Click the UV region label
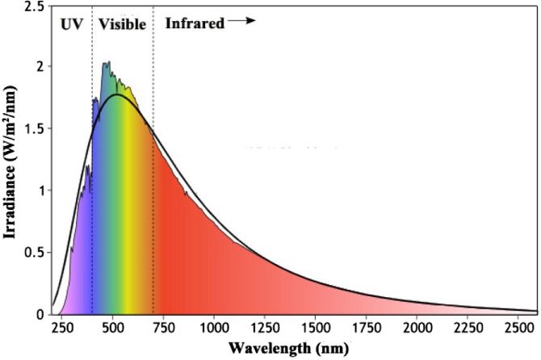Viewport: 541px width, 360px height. pyautogui.click(x=71, y=24)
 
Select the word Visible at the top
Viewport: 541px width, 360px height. pyautogui.click(x=122, y=24)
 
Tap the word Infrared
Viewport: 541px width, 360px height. pyautogui.click(x=195, y=23)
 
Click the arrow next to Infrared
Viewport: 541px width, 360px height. pyautogui.click(x=241, y=22)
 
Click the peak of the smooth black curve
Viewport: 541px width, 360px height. pyautogui.click(x=118, y=94)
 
